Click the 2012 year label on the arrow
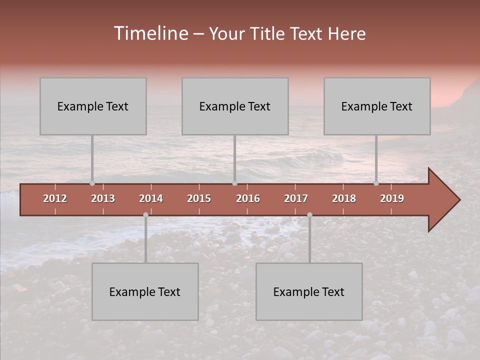click(x=55, y=198)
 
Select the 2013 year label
click(x=103, y=198)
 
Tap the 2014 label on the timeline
click(x=151, y=198)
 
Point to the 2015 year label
click(x=199, y=198)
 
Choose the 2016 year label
click(x=248, y=198)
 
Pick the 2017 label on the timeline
click(x=296, y=198)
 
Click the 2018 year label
click(x=344, y=198)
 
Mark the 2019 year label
click(x=392, y=198)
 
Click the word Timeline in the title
click(x=150, y=33)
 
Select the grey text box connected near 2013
click(x=93, y=106)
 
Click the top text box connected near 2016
click(x=235, y=106)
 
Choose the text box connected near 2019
click(x=377, y=106)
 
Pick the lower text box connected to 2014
click(x=145, y=291)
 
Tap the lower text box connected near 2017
click(x=309, y=291)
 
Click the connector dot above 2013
click(x=92, y=183)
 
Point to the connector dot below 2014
click(x=145, y=214)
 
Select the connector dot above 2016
click(x=234, y=183)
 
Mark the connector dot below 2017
click(x=309, y=214)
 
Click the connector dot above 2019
click(x=376, y=183)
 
